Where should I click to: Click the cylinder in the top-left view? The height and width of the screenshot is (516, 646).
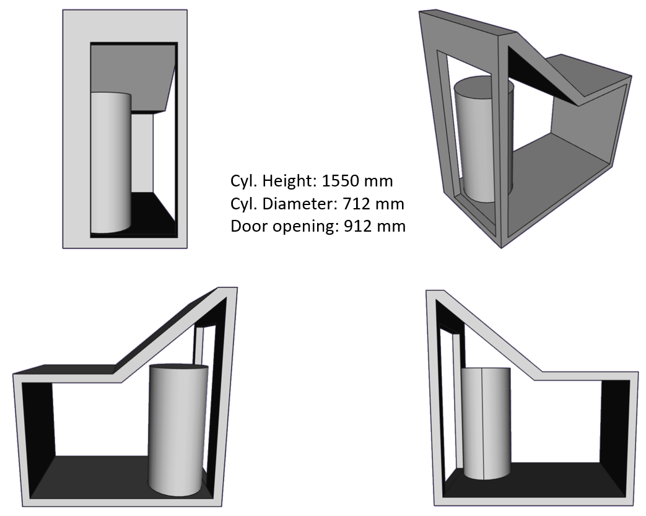point(111,163)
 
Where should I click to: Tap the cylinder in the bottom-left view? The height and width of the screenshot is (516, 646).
point(178,430)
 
